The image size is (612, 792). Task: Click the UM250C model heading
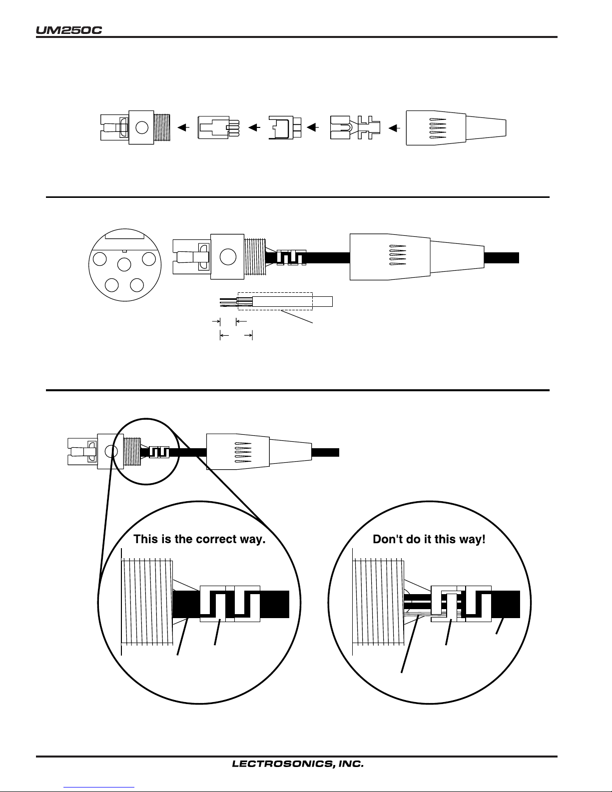(x=69, y=30)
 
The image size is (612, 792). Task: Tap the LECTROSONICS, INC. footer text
(x=298, y=764)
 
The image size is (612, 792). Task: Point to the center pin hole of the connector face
(x=124, y=265)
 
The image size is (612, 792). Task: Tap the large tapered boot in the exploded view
(x=456, y=128)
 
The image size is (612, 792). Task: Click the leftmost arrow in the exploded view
(x=183, y=127)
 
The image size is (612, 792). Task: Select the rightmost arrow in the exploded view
(x=394, y=128)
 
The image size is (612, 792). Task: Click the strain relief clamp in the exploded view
(x=355, y=127)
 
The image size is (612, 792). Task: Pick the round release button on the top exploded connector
(x=142, y=127)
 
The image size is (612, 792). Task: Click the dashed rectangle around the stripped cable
(x=275, y=301)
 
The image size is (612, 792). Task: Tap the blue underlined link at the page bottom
(x=99, y=788)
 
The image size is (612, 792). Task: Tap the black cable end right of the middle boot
(x=501, y=258)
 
